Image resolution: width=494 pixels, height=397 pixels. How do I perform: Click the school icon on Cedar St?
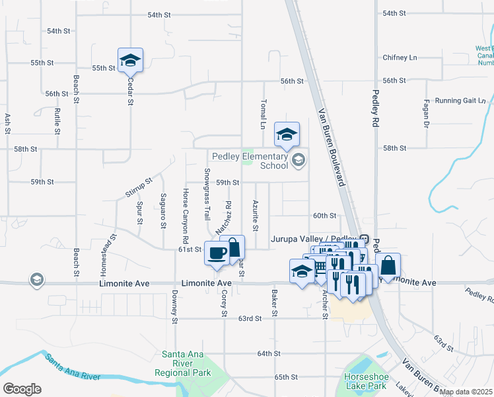(x=130, y=61)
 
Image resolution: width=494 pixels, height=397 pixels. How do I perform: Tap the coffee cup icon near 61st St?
(x=217, y=252)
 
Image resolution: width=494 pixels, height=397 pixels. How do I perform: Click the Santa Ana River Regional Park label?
(x=182, y=363)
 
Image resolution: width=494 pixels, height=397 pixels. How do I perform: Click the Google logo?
(x=22, y=389)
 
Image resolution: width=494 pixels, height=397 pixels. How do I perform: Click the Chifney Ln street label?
(x=400, y=58)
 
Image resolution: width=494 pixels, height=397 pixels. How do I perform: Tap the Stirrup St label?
(x=139, y=187)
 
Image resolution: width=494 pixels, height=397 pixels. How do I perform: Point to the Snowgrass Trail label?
(x=207, y=194)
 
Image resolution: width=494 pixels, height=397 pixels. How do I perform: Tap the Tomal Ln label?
(x=262, y=115)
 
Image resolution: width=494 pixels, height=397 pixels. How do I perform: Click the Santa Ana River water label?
(x=72, y=368)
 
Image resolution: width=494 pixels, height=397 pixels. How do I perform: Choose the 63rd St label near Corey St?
(x=250, y=318)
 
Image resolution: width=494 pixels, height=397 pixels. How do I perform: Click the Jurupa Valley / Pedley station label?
(x=314, y=238)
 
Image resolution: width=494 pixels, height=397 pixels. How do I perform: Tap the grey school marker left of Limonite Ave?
(x=37, y=280)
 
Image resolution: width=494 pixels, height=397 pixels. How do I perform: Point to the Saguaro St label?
(x=162, y=210)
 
